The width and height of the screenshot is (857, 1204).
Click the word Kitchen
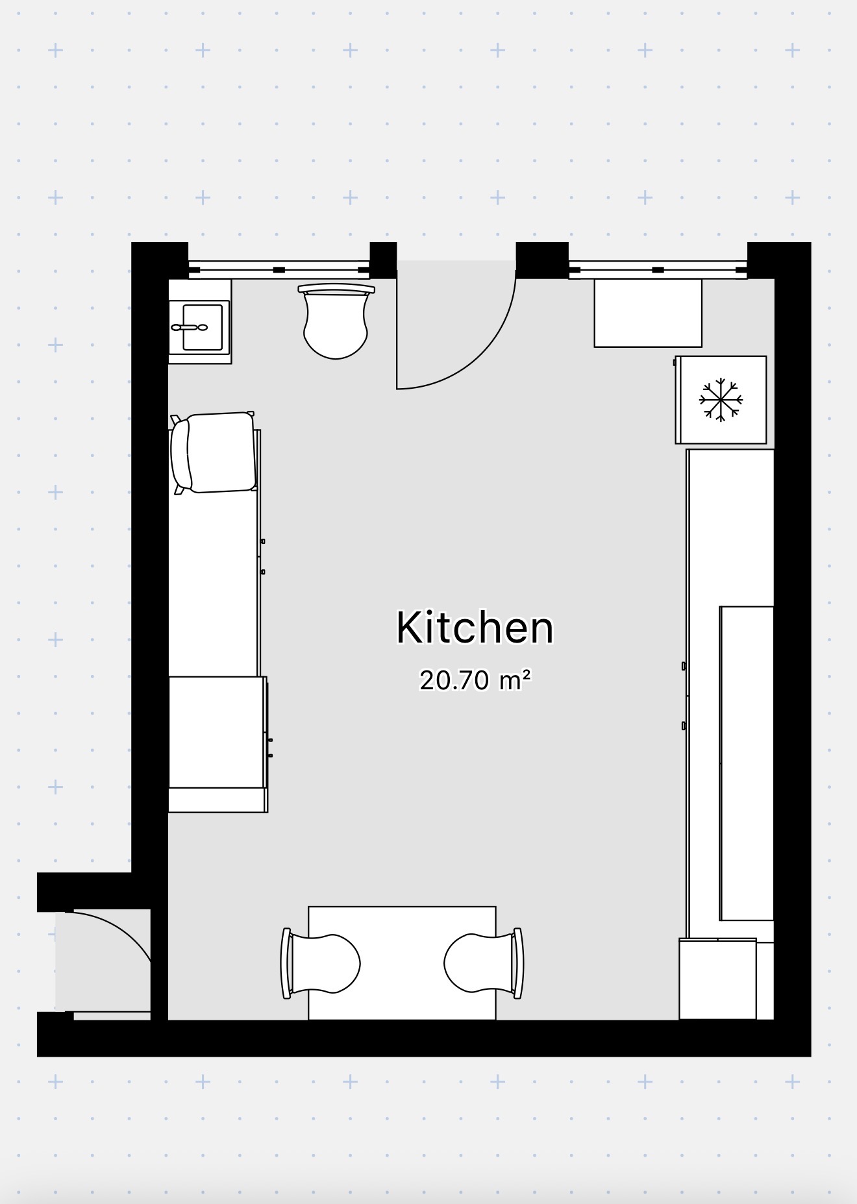475,628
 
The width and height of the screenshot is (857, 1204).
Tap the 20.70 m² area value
475,680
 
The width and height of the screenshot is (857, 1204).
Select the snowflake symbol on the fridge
721,400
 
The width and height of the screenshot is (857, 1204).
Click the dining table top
402,963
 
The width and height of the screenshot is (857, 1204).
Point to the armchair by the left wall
213,452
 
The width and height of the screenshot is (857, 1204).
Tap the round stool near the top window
336,321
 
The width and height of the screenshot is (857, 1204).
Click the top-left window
279,269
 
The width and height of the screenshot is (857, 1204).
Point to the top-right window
658,269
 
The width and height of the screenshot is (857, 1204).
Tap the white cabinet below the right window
648,313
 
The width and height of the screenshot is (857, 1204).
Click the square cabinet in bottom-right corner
717,979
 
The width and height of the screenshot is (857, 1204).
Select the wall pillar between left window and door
383,260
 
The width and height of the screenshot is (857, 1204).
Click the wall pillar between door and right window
542,260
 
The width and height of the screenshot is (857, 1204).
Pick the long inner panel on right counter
747,763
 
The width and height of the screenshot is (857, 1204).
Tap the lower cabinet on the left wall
217,744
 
